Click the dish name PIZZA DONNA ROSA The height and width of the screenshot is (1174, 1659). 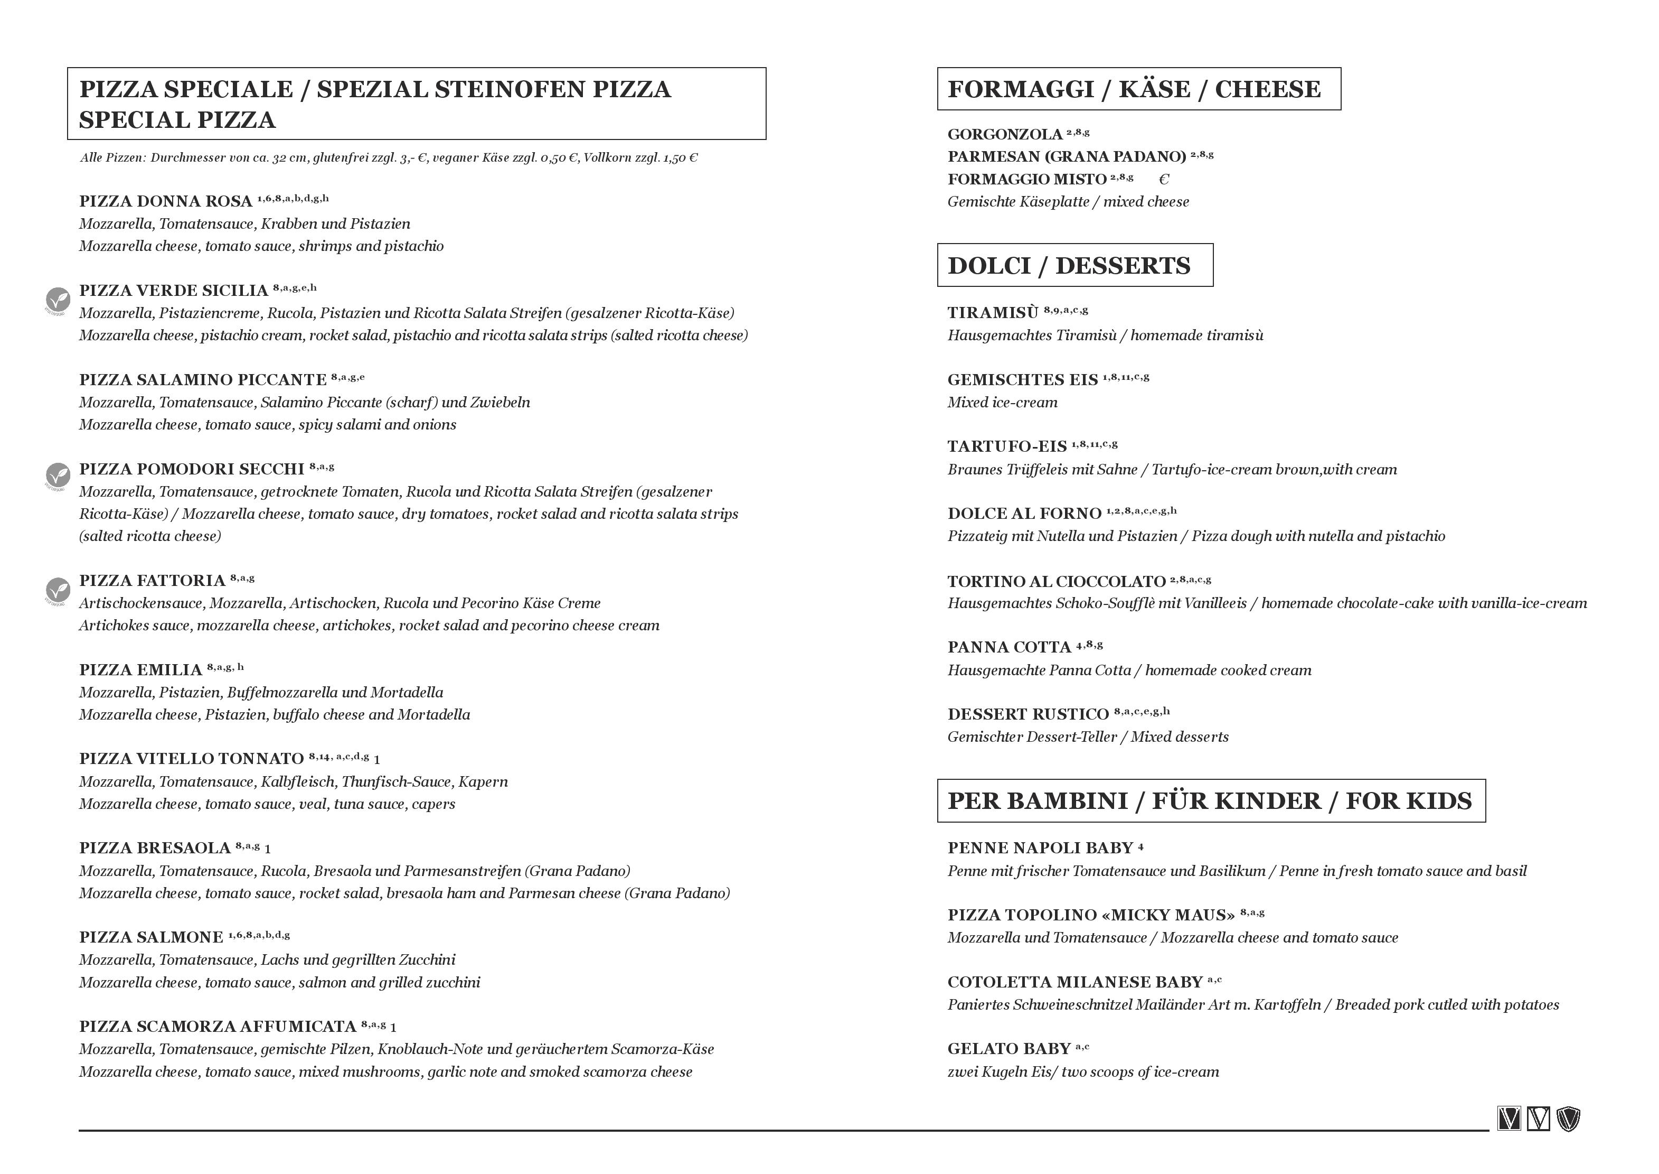pyautogui.click(x=165, y=201)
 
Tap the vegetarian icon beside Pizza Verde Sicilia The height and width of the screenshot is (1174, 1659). pyautogui.click(x=58, y=299)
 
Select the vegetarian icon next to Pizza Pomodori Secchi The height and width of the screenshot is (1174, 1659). pyautogui.click(x=58, y=475)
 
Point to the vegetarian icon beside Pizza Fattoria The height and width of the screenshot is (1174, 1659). pyautogui.click(x=58, y=589)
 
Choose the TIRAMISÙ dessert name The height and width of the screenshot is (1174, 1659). pyautogui.click(x=993, y=313)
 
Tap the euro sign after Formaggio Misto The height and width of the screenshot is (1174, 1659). pyautogui.click(x=1163, y=179)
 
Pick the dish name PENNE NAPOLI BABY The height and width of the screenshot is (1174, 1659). pyautogui.click(x=1041, y=848)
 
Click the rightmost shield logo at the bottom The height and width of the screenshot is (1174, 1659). pyautogui.click(x=1569, y=1119)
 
